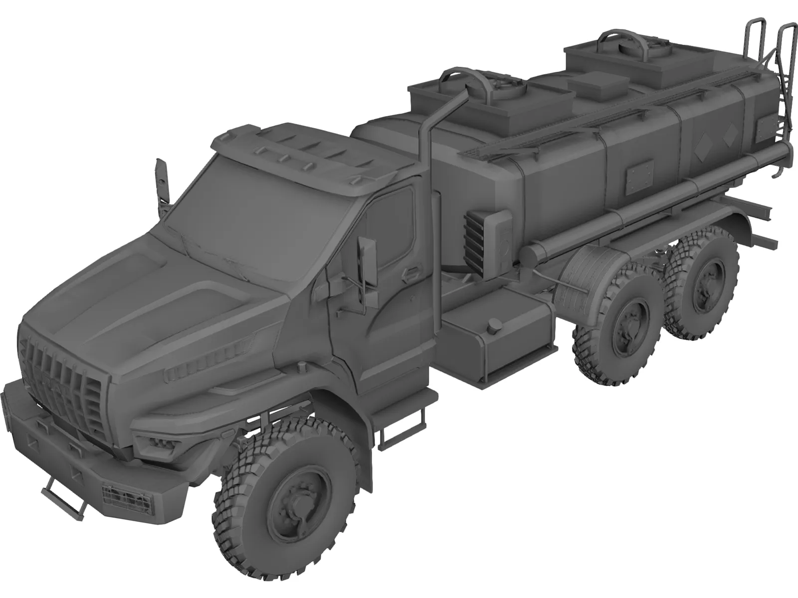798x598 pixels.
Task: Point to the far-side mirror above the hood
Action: click(161, 181)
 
